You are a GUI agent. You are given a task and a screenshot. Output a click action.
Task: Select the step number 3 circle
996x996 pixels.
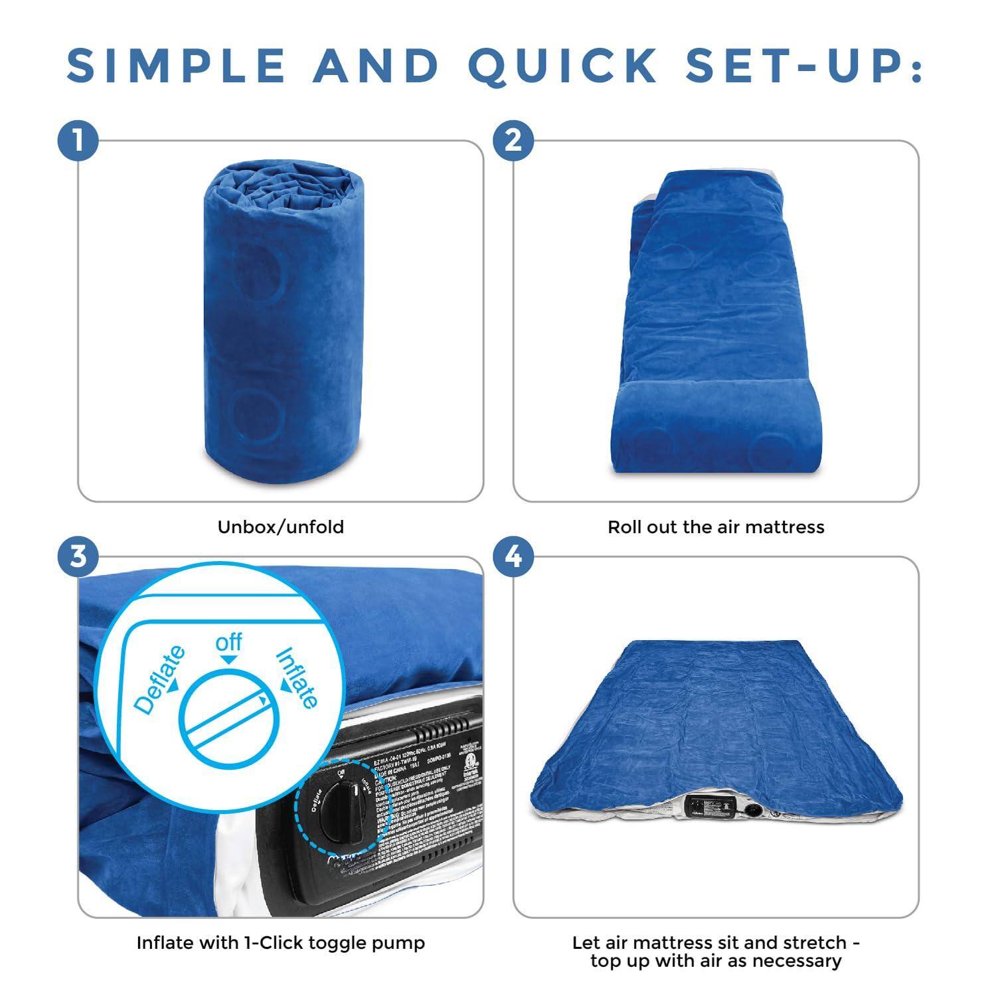(78, 556)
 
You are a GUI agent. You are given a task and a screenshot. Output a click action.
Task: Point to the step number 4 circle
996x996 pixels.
(513, 556)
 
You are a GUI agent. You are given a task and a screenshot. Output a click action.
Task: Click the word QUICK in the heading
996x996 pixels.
(562, 66)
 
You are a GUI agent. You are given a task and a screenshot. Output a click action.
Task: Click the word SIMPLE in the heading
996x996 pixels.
(176, 66)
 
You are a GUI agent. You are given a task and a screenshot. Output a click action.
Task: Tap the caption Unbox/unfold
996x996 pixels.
(281, 527)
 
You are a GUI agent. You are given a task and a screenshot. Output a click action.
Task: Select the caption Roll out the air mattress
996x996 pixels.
(716, 527)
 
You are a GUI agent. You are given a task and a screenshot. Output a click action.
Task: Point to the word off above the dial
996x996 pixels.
(228, 643)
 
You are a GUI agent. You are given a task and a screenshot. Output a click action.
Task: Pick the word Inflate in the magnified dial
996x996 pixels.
(297, 677)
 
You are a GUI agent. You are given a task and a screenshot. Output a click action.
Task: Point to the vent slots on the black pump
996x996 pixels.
(439, 730)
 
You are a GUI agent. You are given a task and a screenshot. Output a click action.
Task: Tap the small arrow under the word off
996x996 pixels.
(228, 659)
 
